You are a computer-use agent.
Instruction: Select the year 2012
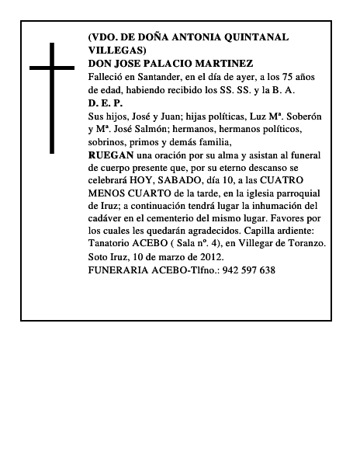208,257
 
